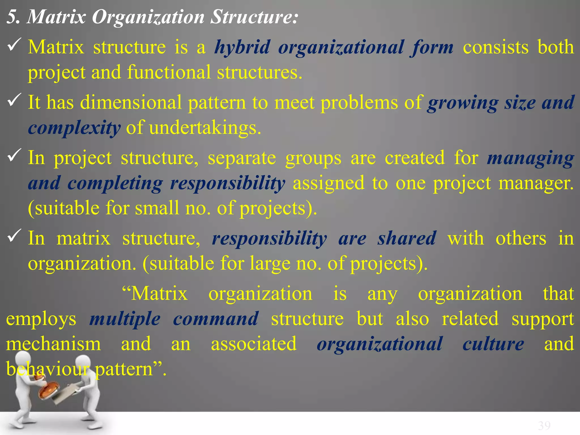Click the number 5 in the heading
(13, 17)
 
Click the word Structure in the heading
(254, 17)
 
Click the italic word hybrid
(242, 48)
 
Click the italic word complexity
(74, 128)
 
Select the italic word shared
(407, 238)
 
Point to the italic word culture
(493, 344)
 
